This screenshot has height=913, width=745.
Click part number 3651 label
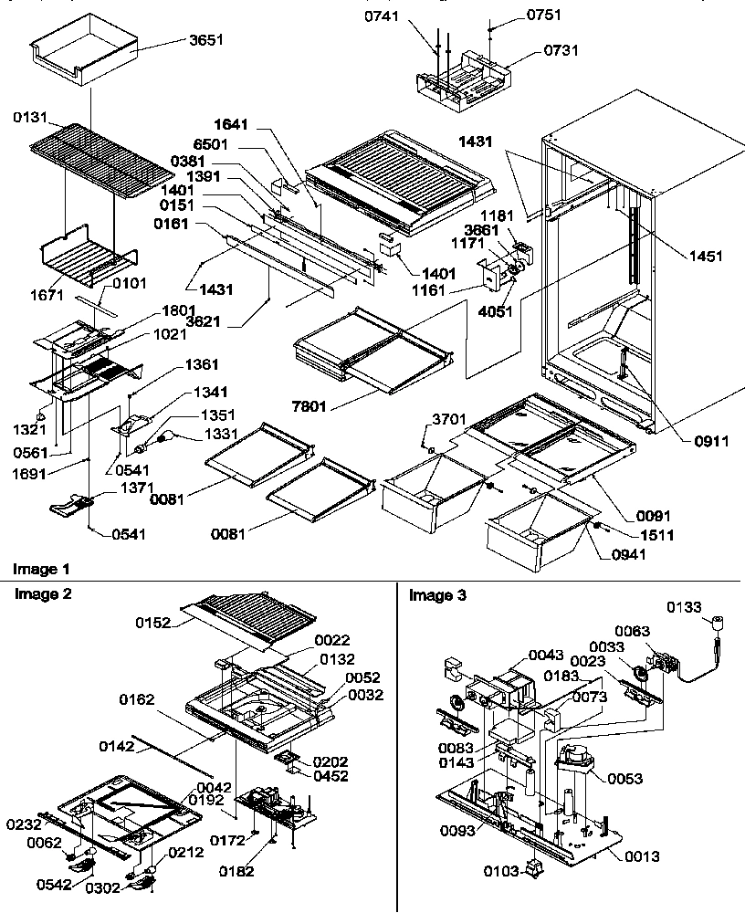pyautogui.click(x=207, y=41)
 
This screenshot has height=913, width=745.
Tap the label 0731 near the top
pyautogui.click(x=561, y=51)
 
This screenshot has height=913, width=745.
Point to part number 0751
pyautogui.click(x=544, y=15)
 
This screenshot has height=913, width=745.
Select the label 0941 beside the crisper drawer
pyautogui.click(x=611, y=552)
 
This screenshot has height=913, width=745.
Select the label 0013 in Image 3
pyautogui.click(x=642, y=856)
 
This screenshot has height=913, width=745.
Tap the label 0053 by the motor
pyautogui.click(x=624, y=779)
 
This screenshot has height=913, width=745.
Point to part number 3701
pyautogui.click(x=448, y=419)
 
